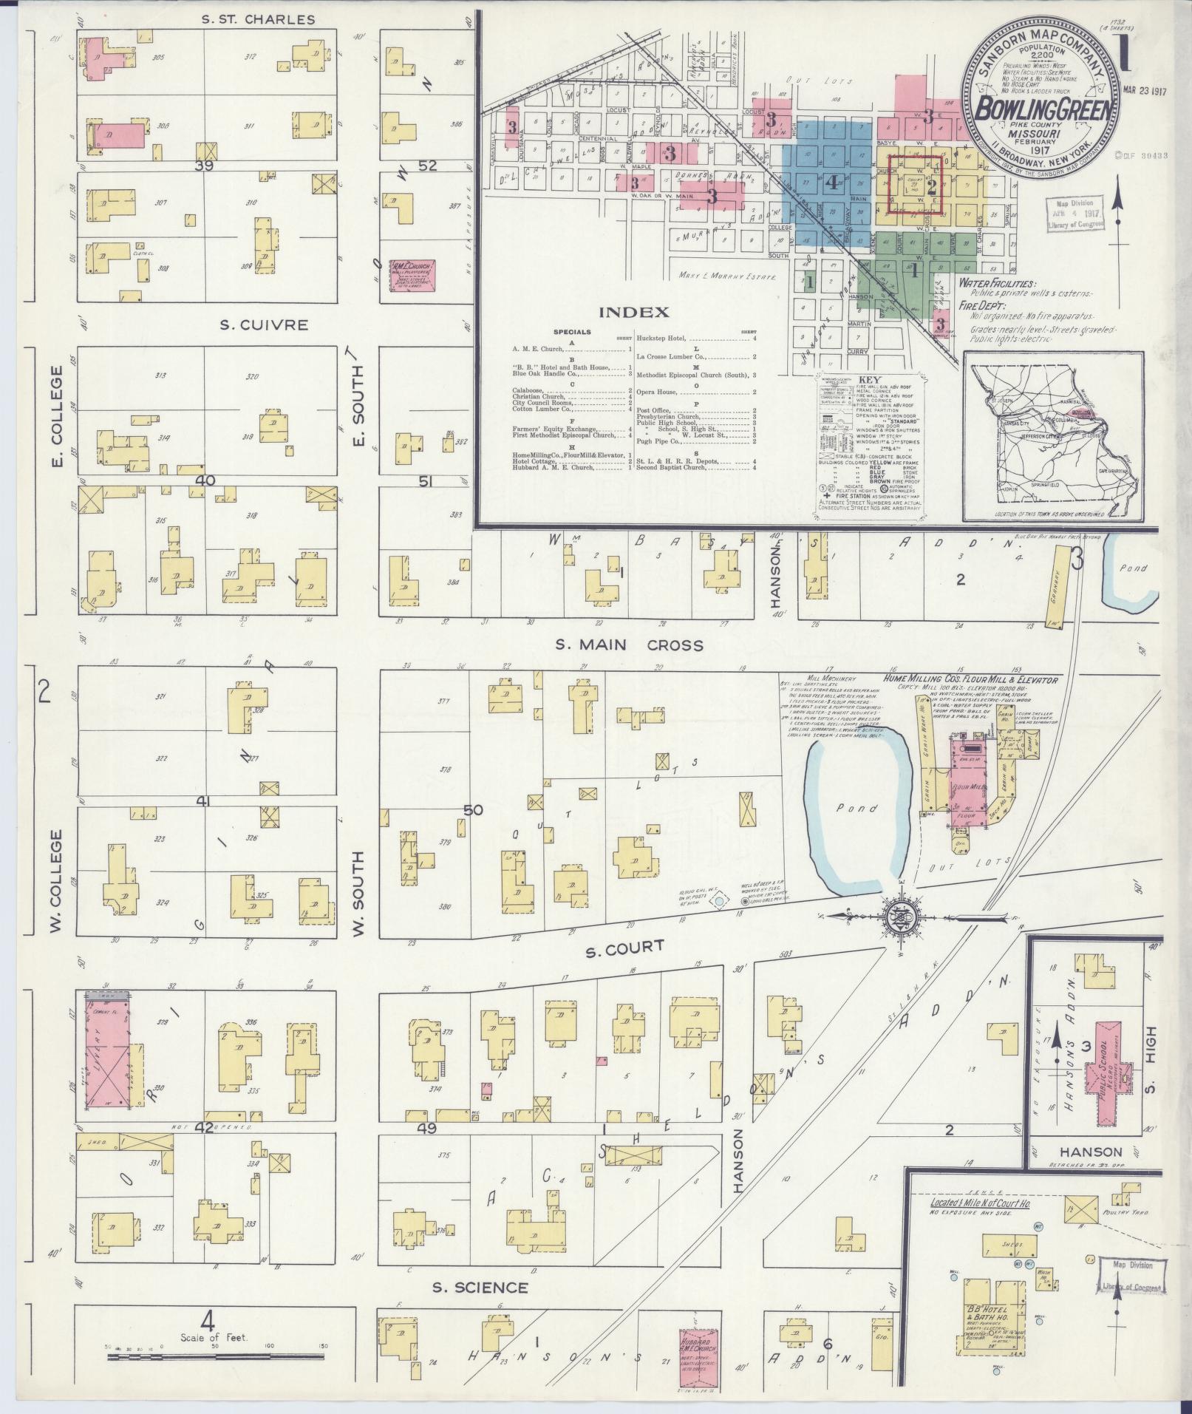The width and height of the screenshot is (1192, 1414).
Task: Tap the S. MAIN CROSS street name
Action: point(629,645)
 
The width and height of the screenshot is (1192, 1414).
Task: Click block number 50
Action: point(473,810)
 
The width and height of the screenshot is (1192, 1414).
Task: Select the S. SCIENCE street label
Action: point(480,1288)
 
